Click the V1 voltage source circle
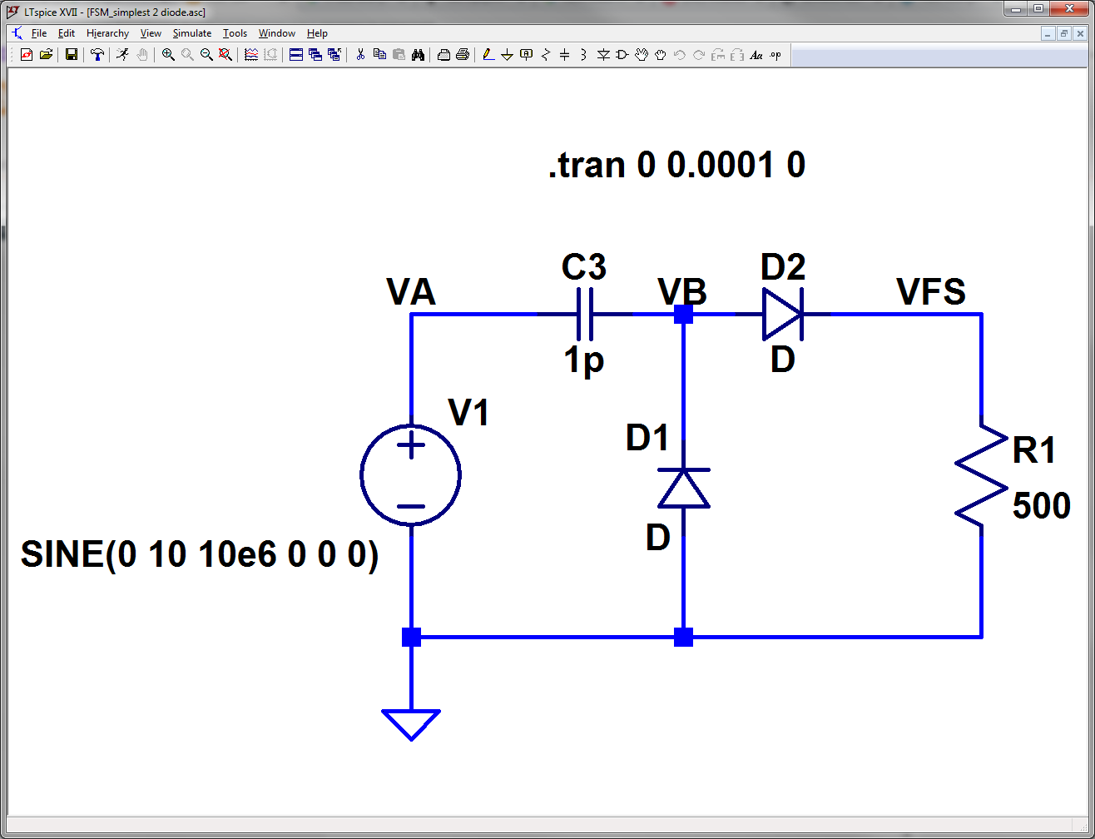[411, 474]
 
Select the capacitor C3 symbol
[585, 315]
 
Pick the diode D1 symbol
[683, 488]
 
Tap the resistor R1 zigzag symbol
[982, 474]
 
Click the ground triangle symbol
[411, 722]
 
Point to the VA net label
[411, 292]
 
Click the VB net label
[681, 292]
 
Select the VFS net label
[931, 292]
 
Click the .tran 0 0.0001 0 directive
[676, 166]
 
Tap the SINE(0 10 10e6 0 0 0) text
[200, 555]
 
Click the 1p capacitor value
[584, 361]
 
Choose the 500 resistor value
[1041, 505]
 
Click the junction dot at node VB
[683, 314]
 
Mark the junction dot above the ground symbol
[411, 638]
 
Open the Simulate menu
[191, 33]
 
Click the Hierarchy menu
[107, 33]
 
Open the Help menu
[317, 33]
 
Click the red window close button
[1070, 8]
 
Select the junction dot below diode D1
[683, 638]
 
